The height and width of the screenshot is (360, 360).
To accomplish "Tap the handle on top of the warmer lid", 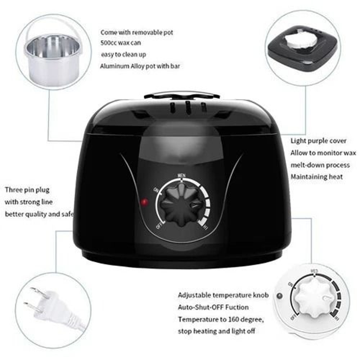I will coord(182,95).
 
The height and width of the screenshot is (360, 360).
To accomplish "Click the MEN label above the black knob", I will coord(182,175).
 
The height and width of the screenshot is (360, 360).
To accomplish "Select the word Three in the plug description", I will coord(13,190).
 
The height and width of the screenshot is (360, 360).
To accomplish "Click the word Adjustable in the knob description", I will coord(194,295).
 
